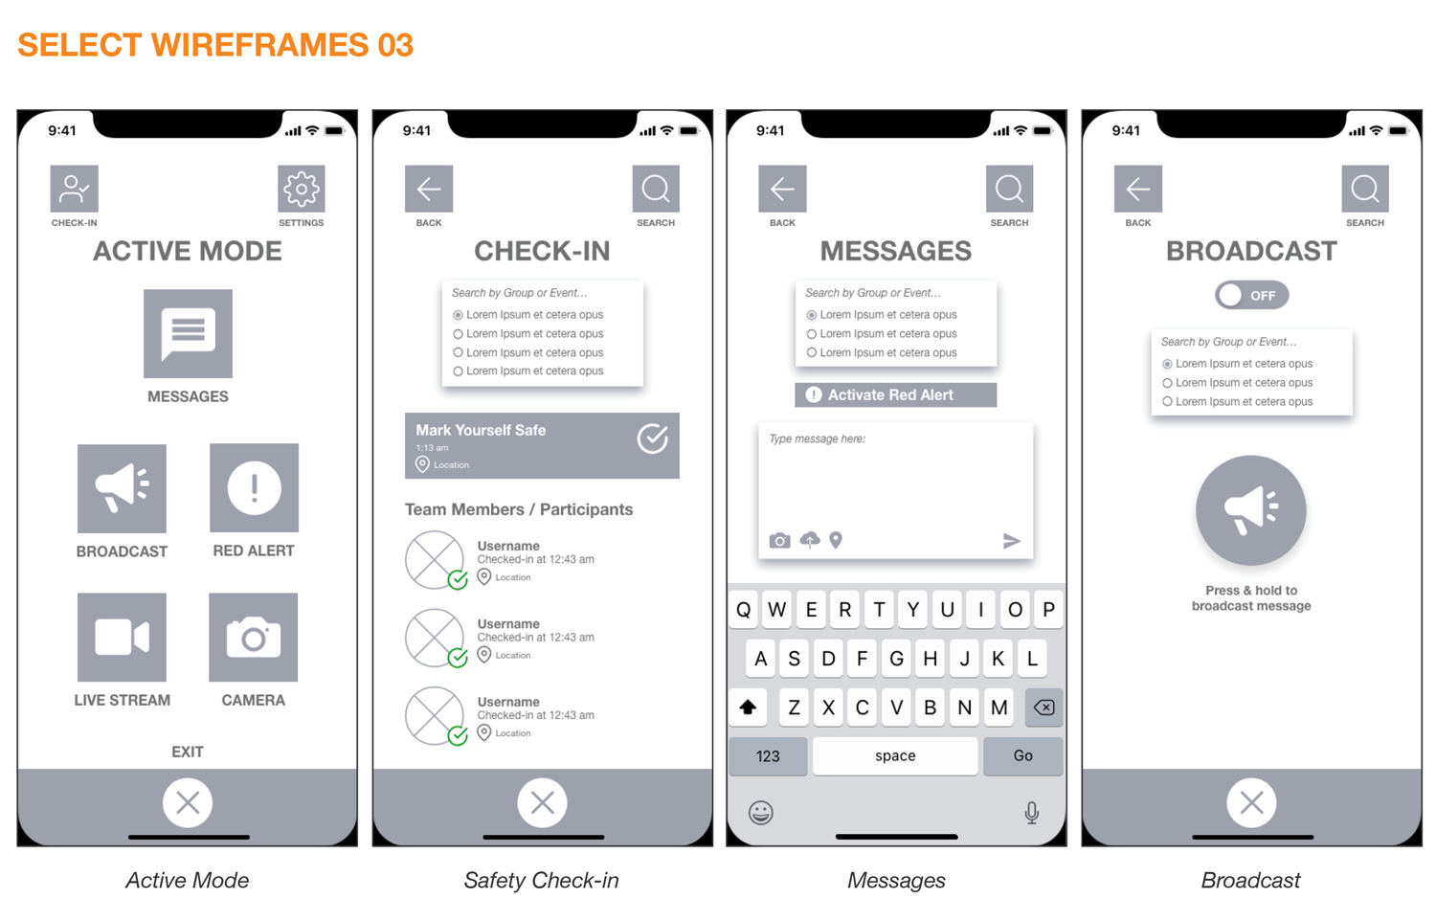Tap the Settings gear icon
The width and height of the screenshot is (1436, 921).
point(302,189)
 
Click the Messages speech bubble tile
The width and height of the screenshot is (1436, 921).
point(188,333)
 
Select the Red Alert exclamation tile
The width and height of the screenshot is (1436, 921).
point(254,487)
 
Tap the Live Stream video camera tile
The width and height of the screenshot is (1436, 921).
point(122,637)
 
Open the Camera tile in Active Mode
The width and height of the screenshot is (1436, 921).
point(254,637)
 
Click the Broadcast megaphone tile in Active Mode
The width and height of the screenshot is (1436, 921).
point(122,488)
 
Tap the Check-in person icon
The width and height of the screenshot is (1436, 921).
point(75,189)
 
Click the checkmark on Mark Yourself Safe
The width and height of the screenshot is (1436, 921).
point(653,439)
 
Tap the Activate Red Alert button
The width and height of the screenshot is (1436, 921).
point(895,394)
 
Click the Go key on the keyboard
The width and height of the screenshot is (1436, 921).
point(1022,755)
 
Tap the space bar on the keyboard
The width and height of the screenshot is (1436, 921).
point(895,755)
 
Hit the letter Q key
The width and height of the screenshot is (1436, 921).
point(744,609)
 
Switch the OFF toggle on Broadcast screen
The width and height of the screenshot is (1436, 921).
point(1251,296)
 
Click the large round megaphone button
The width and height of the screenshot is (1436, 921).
point(1250,510)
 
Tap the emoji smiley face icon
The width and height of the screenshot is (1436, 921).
point(761,813)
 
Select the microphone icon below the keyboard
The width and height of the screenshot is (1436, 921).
point(1031,813)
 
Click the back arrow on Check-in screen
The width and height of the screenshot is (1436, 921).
point(429,189)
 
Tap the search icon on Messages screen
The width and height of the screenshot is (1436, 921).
point(1010,189)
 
